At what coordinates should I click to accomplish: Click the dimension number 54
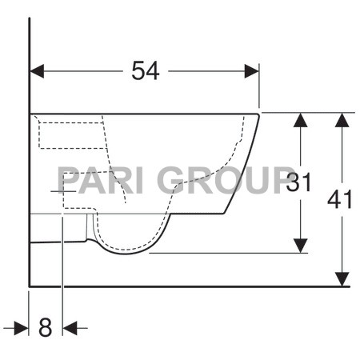[145, 71]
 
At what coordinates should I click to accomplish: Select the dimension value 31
[298, 182]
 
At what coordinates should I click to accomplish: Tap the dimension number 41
[340, 200]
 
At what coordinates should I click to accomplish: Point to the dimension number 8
[45, 327]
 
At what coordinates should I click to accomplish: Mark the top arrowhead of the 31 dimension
[300, 120]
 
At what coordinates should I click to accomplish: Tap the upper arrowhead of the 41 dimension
[342, 120]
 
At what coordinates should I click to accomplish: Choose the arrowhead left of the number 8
[22, 327]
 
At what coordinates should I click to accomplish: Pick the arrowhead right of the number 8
[70, 327]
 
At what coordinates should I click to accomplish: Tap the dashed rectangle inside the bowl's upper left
[72, 133]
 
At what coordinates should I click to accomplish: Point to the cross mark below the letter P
[62, 192]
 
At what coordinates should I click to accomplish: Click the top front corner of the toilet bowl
[259, 114]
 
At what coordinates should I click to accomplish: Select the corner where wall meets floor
[30, 285]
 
